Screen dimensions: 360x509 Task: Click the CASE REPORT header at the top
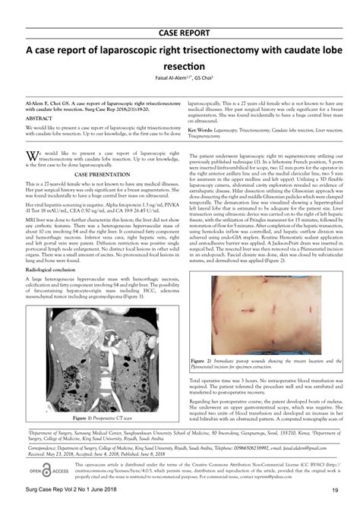pyautogui.click(x=180, y=33)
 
